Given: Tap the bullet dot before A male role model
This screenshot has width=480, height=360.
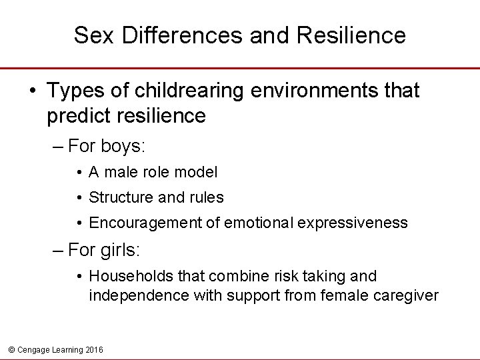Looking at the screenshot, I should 79,173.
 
